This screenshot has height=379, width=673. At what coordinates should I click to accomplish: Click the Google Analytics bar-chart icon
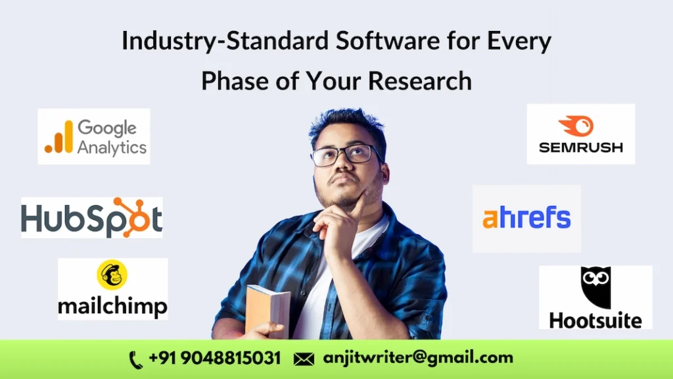pos(58,138)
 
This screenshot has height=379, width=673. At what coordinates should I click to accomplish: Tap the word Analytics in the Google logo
pos(112,147)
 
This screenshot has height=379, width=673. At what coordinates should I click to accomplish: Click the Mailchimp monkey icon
pos(112,275)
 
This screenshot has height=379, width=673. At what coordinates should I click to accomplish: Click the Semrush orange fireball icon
pos(576,126)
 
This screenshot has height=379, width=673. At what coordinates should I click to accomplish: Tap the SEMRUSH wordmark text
pos(580,147)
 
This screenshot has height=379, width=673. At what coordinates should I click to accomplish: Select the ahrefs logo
pos(526,218)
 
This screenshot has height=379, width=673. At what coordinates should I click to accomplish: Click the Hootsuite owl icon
pos(595,288)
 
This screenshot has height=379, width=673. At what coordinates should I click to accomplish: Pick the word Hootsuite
pos(595,320)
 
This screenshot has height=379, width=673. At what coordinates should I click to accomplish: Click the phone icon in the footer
pos(136,359)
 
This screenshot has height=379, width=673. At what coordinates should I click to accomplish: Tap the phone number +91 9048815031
pos(215,359)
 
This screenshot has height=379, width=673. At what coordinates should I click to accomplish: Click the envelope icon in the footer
pos(303,359)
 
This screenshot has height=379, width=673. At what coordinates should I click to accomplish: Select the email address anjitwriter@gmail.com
pos(418,359)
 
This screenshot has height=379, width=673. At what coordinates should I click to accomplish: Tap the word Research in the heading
pos(420,81)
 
